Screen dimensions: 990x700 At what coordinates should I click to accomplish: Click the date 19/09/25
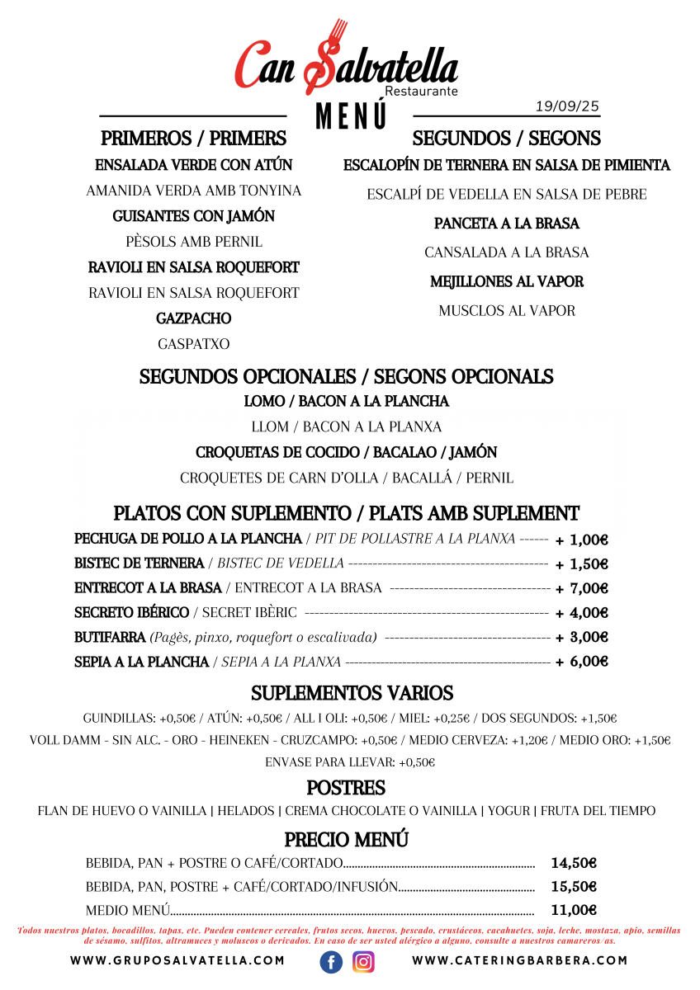pos(567,106)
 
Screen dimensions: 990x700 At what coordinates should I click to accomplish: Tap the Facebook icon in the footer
pos(331,961)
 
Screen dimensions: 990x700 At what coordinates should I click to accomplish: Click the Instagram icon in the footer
pos(364,961)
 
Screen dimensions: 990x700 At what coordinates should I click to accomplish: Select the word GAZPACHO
pos(193,318)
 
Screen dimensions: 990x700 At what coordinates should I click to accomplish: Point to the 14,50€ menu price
pos(573,864)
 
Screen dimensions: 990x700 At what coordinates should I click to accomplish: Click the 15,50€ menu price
pos(573,887)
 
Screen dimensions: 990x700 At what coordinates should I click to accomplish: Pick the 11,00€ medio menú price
pos(573,910)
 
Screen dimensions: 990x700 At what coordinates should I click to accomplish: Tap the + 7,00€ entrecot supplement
pos(581,588)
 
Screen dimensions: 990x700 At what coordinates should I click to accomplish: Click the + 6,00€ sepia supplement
pos(581,662)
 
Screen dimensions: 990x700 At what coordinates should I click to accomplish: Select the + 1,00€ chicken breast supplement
pos(581,540)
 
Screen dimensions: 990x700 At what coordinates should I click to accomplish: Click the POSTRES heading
pos(346,788)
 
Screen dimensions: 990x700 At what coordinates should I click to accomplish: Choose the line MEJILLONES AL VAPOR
pos(506,282)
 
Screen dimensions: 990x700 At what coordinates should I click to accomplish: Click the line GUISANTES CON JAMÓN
pos(193,216)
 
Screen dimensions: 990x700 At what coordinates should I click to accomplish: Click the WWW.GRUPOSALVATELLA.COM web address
pos(177,961)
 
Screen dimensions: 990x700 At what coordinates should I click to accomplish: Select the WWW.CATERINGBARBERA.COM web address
pos(519,961)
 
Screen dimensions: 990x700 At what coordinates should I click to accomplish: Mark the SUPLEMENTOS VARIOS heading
pos(352,693)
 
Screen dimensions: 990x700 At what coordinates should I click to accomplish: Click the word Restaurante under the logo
pos(421,92)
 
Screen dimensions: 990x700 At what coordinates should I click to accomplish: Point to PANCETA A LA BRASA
pos(506,224)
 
